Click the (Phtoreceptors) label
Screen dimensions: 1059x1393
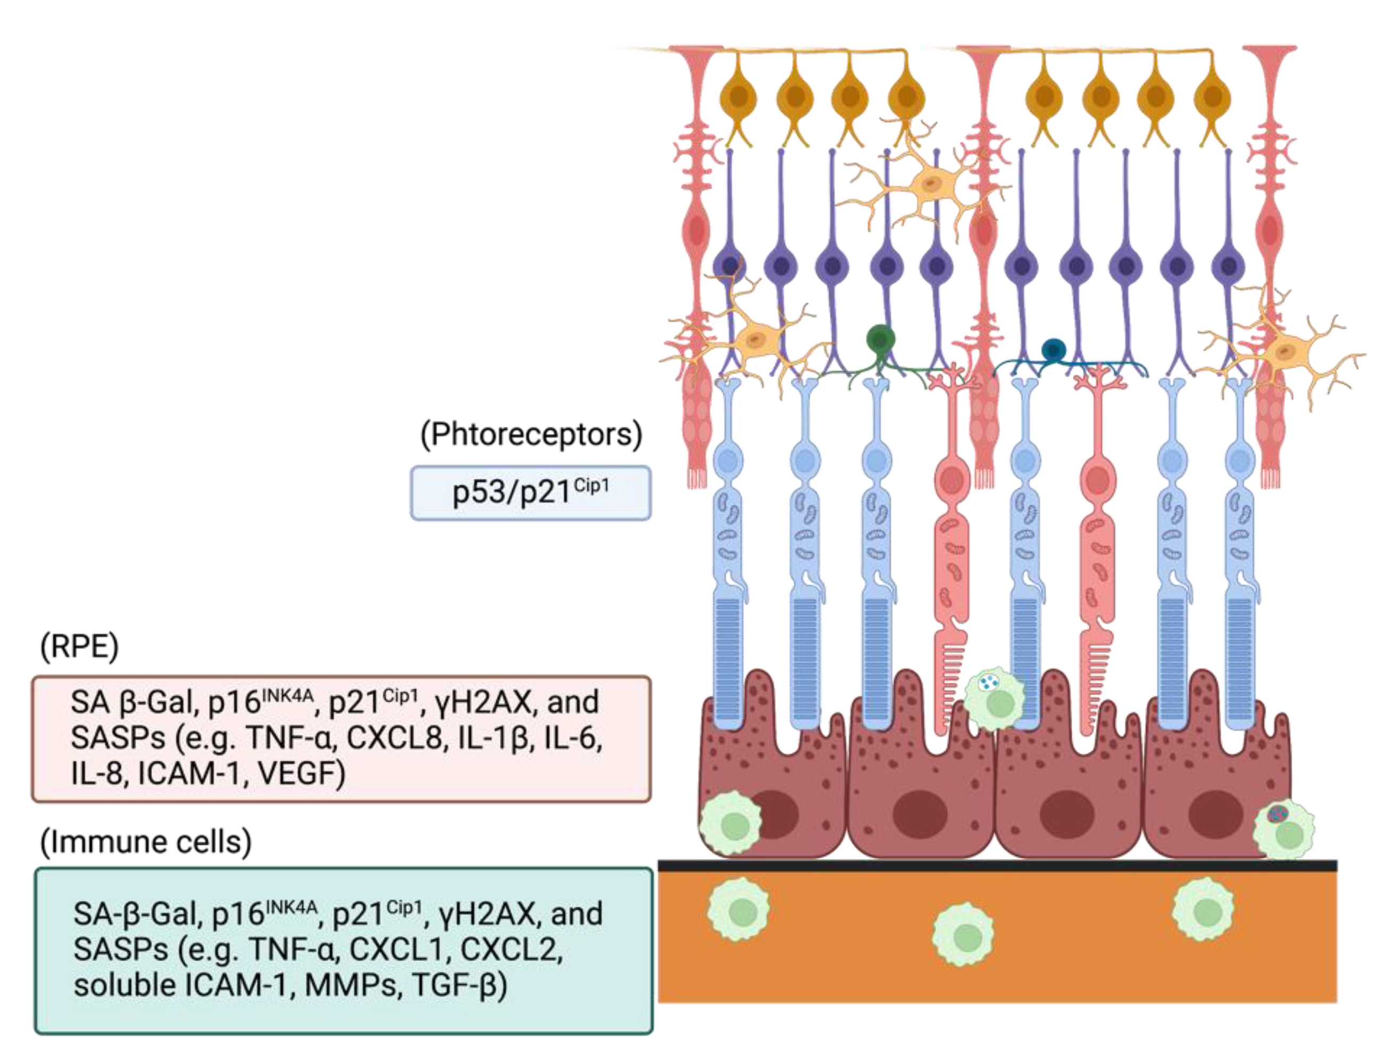pyautogui.click(x=531, y=435)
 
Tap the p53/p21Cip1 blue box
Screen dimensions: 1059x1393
pyautogui.click(x=530, y=493)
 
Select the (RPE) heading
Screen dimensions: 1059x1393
pyautogui.click(x=79, y=646)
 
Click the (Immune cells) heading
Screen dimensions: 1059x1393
pyautogui.click(x=146, y=841)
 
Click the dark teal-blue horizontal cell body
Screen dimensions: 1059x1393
pyautogui.click(x=1053, y=350)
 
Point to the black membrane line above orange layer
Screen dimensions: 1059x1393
pyautogui.click(x=996, y=866)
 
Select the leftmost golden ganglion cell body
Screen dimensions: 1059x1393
pyautogui.click(x=738, y=98)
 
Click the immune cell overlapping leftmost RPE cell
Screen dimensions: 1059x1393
pyautogui.click(x=731, y=824)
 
